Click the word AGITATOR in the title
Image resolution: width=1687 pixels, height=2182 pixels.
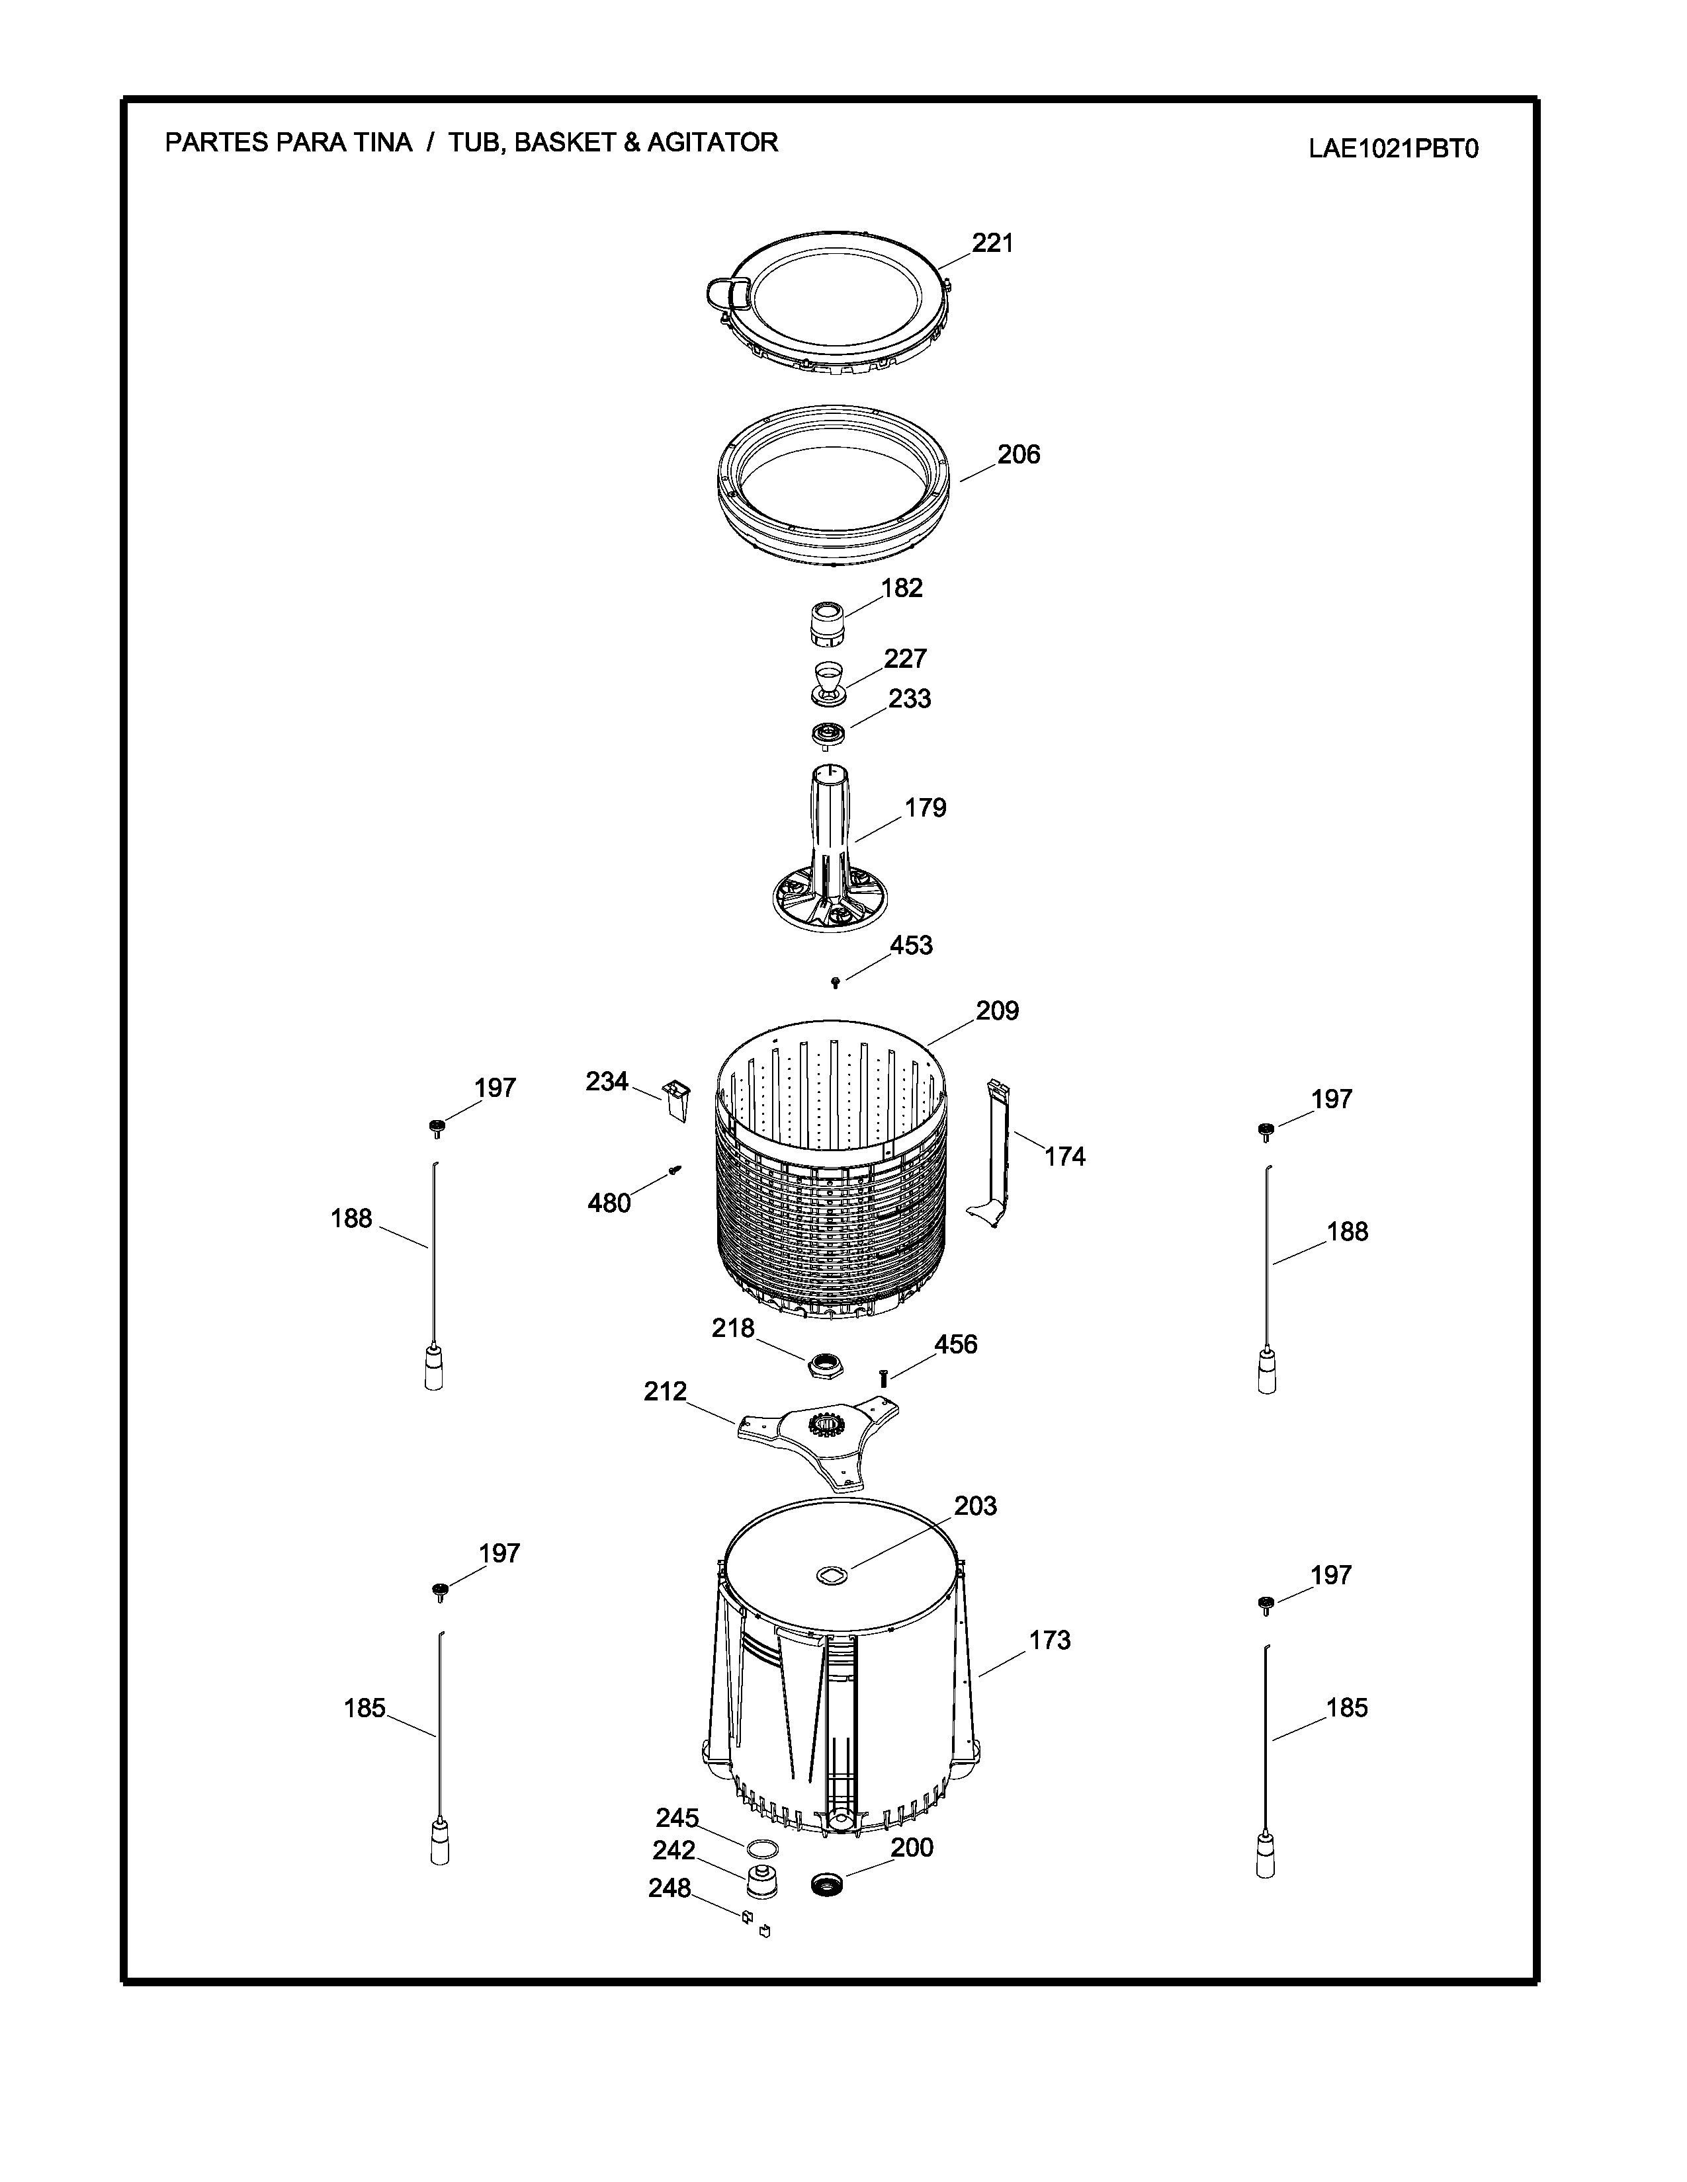tap(712, 143)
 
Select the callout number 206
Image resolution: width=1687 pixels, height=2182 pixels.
tap(1018, 455)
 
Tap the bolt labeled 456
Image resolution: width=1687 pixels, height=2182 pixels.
tap(883, 1378)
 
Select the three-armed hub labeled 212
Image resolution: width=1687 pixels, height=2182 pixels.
tap(818, 1443)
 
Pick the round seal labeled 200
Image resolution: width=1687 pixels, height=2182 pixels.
tap(828, 1887)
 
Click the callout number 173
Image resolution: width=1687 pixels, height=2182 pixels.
tap(1049, 1640)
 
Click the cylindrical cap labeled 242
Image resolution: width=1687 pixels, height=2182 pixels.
tap(763, 1881)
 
